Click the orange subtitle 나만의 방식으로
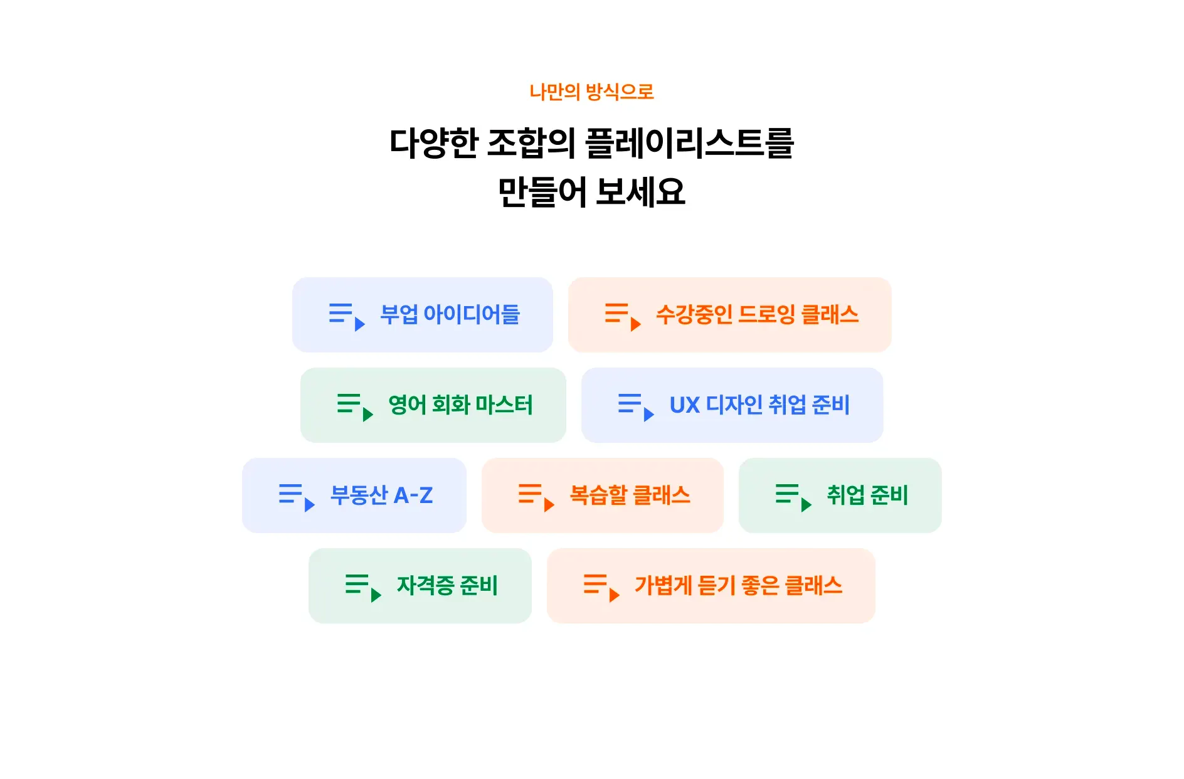[x=591, y=92]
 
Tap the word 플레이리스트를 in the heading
[x=689, y=143]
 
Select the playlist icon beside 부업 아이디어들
[x=347, y=316]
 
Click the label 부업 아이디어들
[x=450, y=315]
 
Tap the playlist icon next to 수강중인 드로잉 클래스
[x=622, y=316]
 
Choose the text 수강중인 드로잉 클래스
[x=757, y=315]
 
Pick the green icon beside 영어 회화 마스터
[x=355, y=406]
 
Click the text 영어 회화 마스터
[x=460, y=405]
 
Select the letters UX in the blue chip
[x=684, y=405]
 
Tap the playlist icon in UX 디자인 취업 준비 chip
[x=635, y=406]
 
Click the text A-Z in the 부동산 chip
[x=413, y=495]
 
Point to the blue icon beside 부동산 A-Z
[x=297, y=497]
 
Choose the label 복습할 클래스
[x=630, y=495]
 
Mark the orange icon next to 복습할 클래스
[x=536, y=497]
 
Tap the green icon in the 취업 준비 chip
[x=793, y=497]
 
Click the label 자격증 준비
[x=447, y=586]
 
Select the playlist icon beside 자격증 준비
[x=363, y=587]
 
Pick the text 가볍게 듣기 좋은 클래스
[x=738, y=586]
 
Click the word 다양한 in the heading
[x=434, y=143]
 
